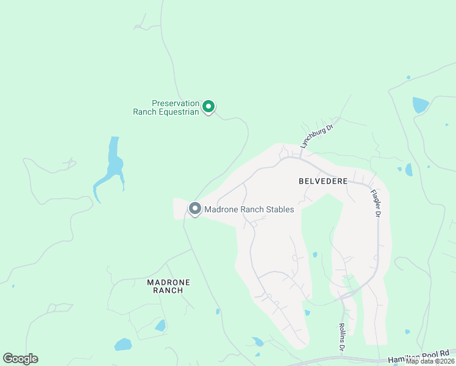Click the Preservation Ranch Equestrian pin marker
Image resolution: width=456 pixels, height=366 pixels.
coord(208,107)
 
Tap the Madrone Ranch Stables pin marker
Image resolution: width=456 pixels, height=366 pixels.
coord(195,209)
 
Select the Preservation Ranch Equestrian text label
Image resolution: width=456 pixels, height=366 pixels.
coord(175,107)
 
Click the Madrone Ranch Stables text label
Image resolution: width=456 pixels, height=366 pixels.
coord(249,209)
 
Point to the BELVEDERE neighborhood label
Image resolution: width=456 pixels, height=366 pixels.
coord(323,181)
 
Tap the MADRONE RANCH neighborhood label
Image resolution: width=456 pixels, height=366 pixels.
coord(169,286)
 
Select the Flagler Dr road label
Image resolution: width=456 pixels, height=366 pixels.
coord(376,203)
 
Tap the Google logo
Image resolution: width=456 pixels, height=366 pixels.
coord(20,359)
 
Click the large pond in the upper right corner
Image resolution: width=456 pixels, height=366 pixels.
coord(421,105)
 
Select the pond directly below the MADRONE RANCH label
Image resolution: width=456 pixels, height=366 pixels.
coord(160,326)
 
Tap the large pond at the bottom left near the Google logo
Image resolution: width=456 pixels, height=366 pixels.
coord(123,344)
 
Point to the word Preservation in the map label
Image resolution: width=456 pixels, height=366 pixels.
coord(176,103)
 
